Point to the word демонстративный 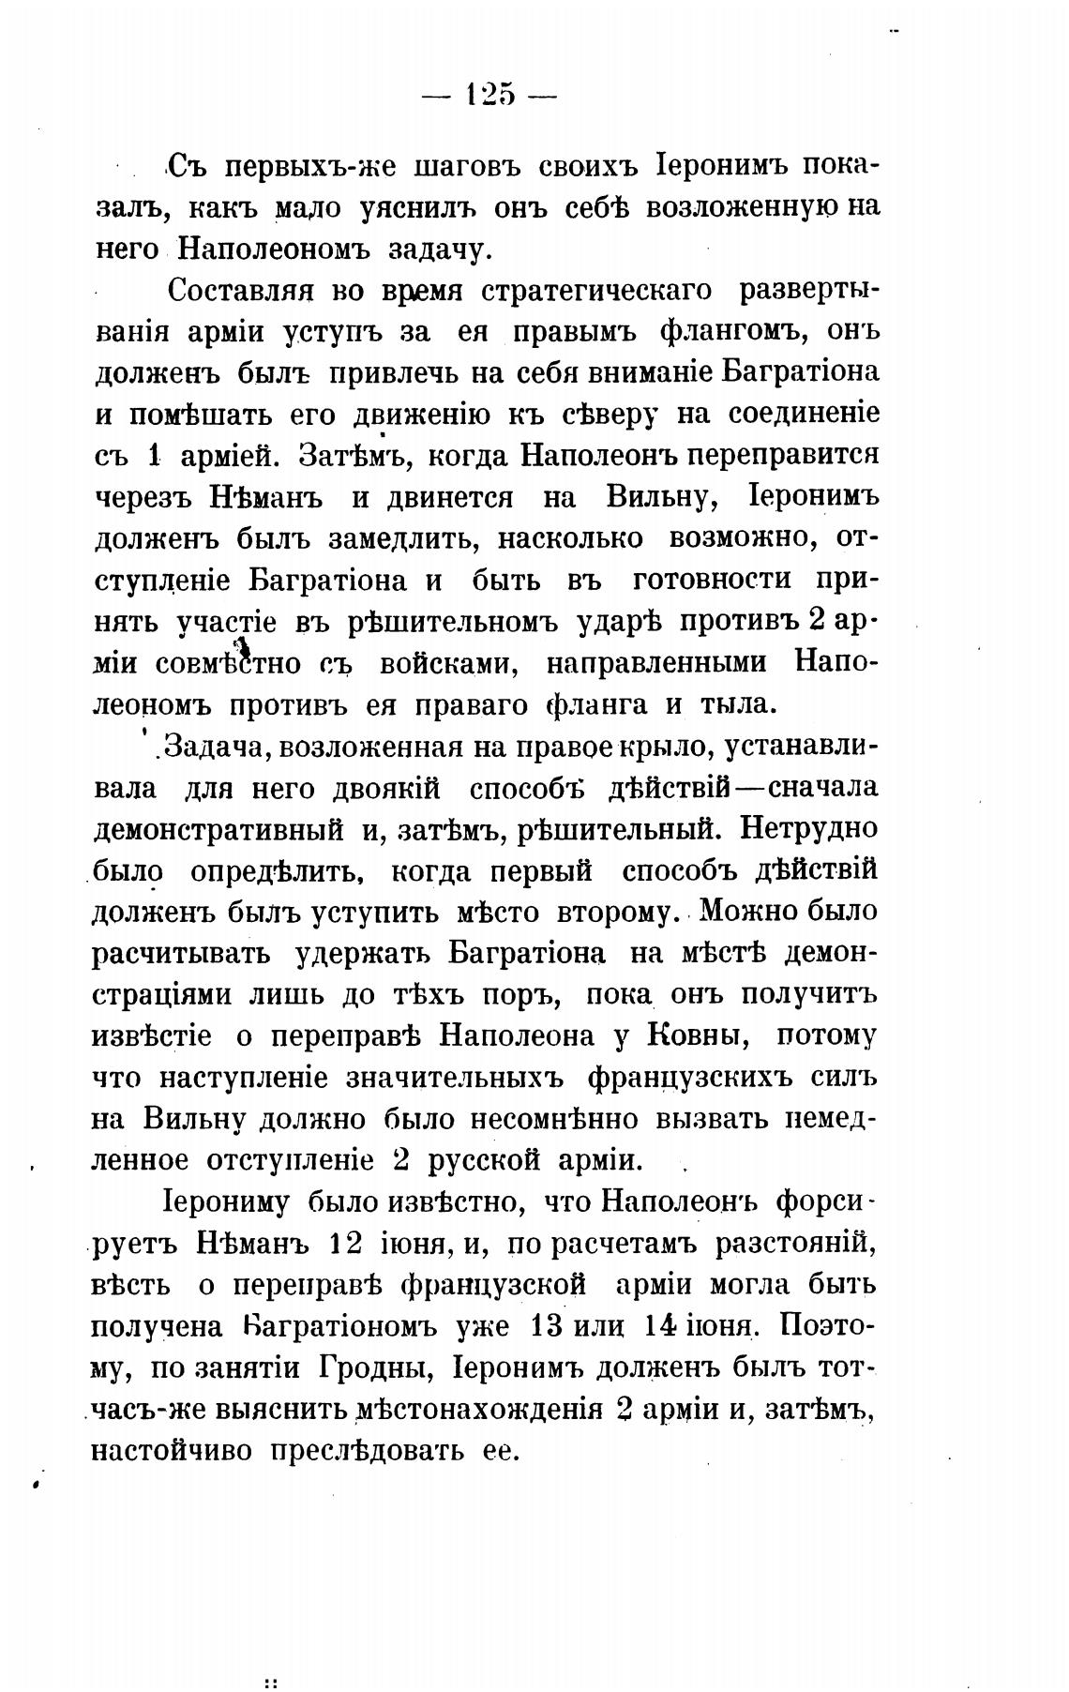[217, 829]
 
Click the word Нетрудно [808, 829]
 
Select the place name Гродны [376, 1367]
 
